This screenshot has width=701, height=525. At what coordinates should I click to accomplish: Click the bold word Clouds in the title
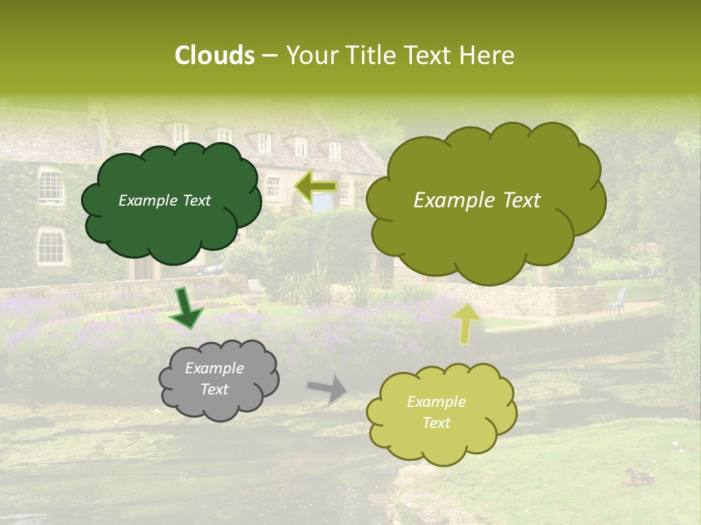pos(215,55)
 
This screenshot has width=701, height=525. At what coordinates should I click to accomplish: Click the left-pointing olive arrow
pos(316,187)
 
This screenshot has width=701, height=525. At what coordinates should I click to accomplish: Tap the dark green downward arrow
pos(186,307)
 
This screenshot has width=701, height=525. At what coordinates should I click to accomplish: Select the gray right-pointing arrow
pos(327,389)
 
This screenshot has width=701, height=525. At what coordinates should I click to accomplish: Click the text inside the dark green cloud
pos(164,201)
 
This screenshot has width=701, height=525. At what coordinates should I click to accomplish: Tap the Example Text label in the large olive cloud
pos(477,201)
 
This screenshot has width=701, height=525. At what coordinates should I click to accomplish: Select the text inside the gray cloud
pos(214,379)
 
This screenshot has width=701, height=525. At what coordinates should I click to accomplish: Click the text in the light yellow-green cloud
pos(436,412)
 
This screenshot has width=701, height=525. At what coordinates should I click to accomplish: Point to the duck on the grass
pos(637,478)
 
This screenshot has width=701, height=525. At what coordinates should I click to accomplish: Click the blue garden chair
pos(618,301)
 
